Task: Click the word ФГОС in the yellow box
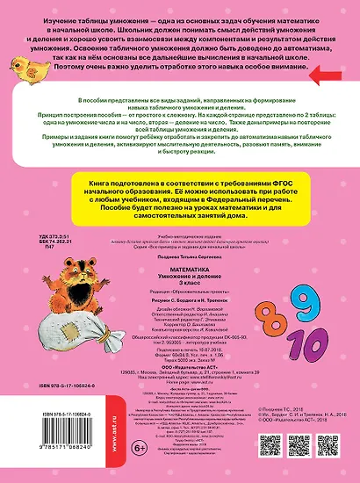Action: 299,201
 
